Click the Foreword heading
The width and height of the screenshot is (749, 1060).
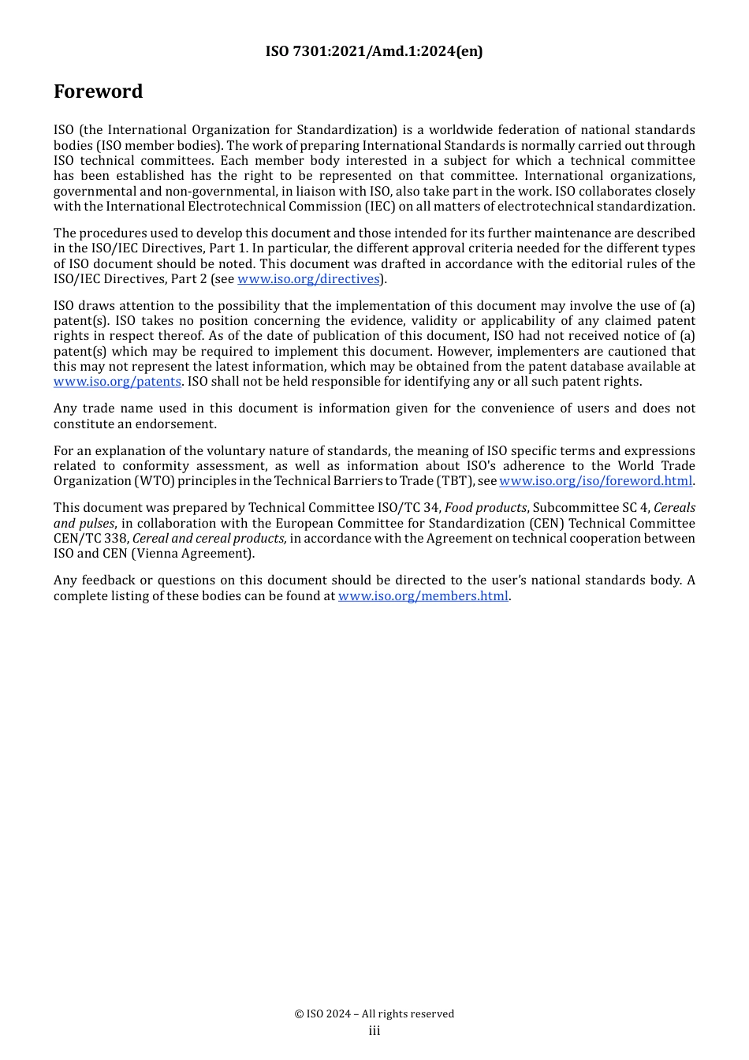click(x=98, y=91)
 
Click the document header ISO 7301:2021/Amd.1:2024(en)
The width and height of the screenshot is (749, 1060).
click(x=374, y=51)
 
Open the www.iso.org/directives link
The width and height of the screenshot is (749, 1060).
click(x=308, y=279)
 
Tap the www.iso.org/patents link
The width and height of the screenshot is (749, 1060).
click(x=117, y=382)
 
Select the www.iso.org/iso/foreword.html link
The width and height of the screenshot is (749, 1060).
click(x=595, y=481)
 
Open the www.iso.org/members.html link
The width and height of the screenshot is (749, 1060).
click(x=423, y=596)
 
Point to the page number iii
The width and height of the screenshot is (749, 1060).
click(x=374, y=1031)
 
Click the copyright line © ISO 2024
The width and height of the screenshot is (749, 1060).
click(x=374, y=1014)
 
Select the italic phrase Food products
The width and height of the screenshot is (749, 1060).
click(x=485, y=508)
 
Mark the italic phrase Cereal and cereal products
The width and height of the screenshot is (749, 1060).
click(x=210, y=539)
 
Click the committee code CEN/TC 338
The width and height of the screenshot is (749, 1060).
click(x=90, y=539)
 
